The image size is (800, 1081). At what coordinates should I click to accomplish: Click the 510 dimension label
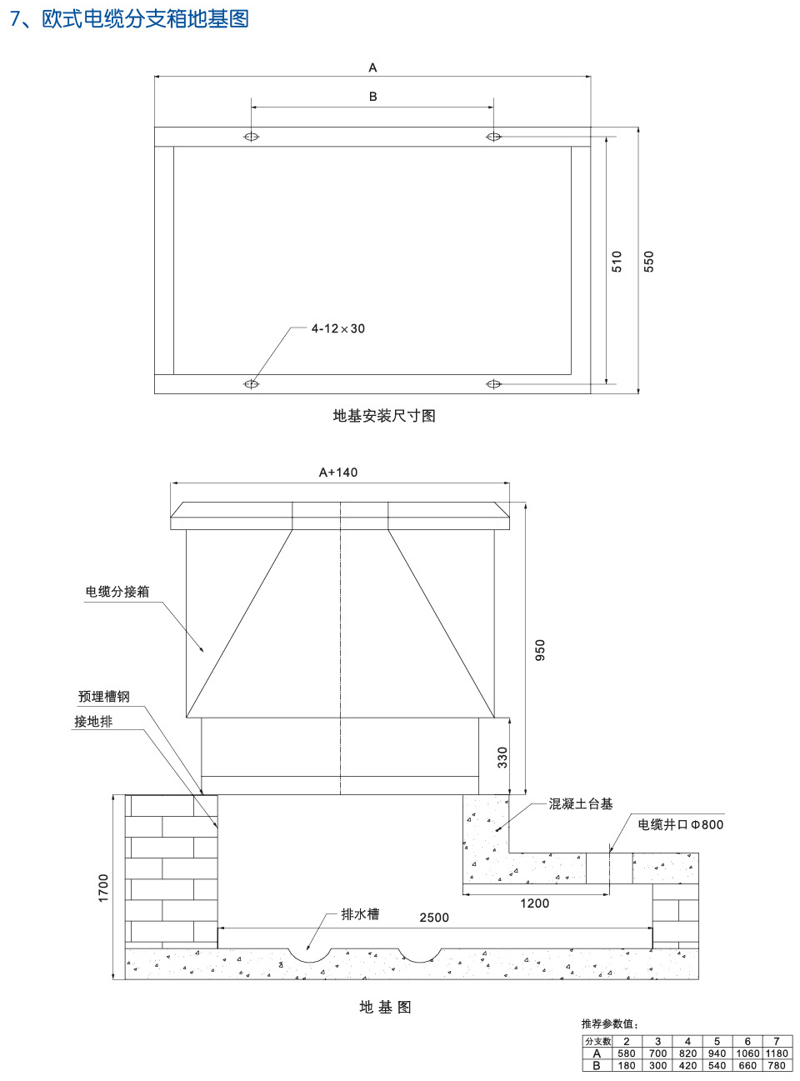point(617,262)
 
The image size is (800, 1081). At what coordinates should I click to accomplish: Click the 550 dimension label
point(648,262)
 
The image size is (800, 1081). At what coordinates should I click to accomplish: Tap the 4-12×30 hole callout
point(337,328)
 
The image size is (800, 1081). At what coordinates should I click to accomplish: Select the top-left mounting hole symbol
point(251,137)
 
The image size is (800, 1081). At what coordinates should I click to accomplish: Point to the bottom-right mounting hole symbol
point(493,384)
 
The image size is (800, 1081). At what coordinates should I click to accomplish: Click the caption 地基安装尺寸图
point(384,416)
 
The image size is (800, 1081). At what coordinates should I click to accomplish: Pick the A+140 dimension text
point(338,473)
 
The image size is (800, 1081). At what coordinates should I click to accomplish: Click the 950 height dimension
point(540,650)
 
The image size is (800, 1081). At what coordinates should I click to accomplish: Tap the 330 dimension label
point(502,757)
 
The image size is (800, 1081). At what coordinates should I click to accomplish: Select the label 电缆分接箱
point(117,592)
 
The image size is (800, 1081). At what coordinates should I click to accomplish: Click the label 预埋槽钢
point(104,697)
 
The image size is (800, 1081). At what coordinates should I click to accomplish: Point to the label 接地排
point(93,722)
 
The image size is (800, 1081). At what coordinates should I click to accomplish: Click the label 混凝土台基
point(581,804)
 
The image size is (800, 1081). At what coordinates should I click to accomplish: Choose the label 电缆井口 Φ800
point(680,824)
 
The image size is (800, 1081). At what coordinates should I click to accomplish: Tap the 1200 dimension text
point(534,903)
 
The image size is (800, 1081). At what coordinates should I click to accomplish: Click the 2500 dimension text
point(434,918)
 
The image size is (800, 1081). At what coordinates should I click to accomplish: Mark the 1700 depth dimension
point(103,888)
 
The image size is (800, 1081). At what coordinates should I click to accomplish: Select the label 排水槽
point(360,914)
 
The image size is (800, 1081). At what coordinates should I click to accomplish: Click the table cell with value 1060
point(747,1053)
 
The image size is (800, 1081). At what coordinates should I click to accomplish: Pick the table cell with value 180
point(627,1065)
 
